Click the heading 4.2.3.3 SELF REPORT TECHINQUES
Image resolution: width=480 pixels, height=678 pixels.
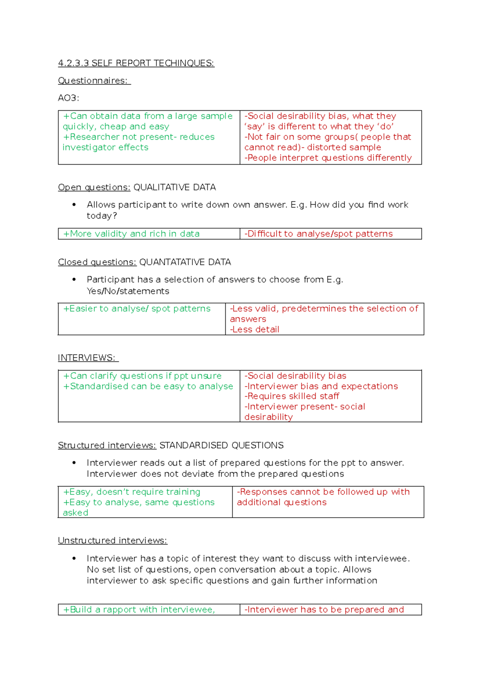tap(136, 63)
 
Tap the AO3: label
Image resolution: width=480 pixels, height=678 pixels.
tap(68, 98)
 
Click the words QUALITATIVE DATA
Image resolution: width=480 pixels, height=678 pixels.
tap(174, 187)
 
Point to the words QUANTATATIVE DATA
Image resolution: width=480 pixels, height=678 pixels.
tap(185, 262)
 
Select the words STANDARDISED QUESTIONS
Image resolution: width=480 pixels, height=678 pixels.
tap(221, 445)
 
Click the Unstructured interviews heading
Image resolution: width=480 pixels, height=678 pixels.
tap(112, 540)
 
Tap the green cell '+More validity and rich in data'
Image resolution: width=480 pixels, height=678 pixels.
tap(131, 234)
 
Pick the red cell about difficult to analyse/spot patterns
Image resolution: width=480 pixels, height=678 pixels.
tap(318, 234)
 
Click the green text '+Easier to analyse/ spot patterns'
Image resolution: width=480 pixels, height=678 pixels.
tap(137, 309)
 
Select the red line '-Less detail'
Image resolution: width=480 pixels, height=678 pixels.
tap(254, 329)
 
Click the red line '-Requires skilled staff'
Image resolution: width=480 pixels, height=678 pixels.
tap(292, 396)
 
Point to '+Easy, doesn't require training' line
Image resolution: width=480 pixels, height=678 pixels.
tap(132, 492)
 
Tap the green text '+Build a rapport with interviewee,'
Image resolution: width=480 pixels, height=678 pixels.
tap(139, 610)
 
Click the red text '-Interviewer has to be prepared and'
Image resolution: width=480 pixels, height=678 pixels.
tap(324, 610)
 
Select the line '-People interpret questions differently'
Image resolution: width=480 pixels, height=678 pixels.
tap(328, 158)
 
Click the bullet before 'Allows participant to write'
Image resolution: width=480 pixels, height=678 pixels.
tap(74, 205)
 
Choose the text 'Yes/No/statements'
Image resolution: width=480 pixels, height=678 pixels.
tap(128, 291)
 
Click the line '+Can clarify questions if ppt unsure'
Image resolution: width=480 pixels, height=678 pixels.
tap(142, 376)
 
